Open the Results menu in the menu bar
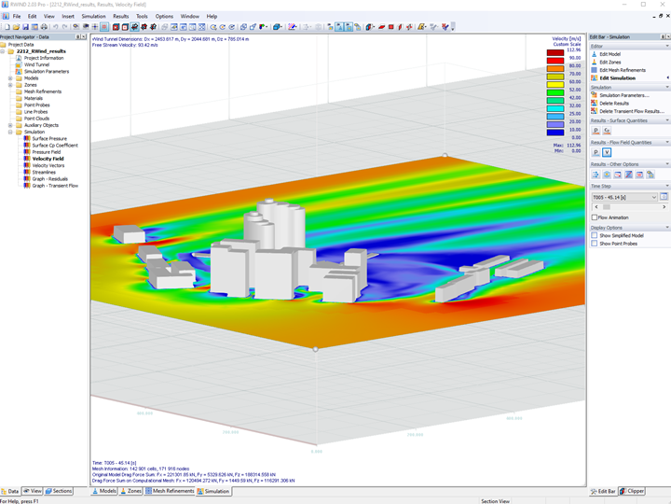pos(121,16)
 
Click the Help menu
pos(212,16)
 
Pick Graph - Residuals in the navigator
pos(52,178)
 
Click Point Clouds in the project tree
pos(36,119)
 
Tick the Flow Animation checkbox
pos(595,217)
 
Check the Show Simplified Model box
pos(595,235)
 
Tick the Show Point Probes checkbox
pos(595,243)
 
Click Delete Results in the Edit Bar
pos(613,103)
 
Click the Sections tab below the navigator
pos(60,491)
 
